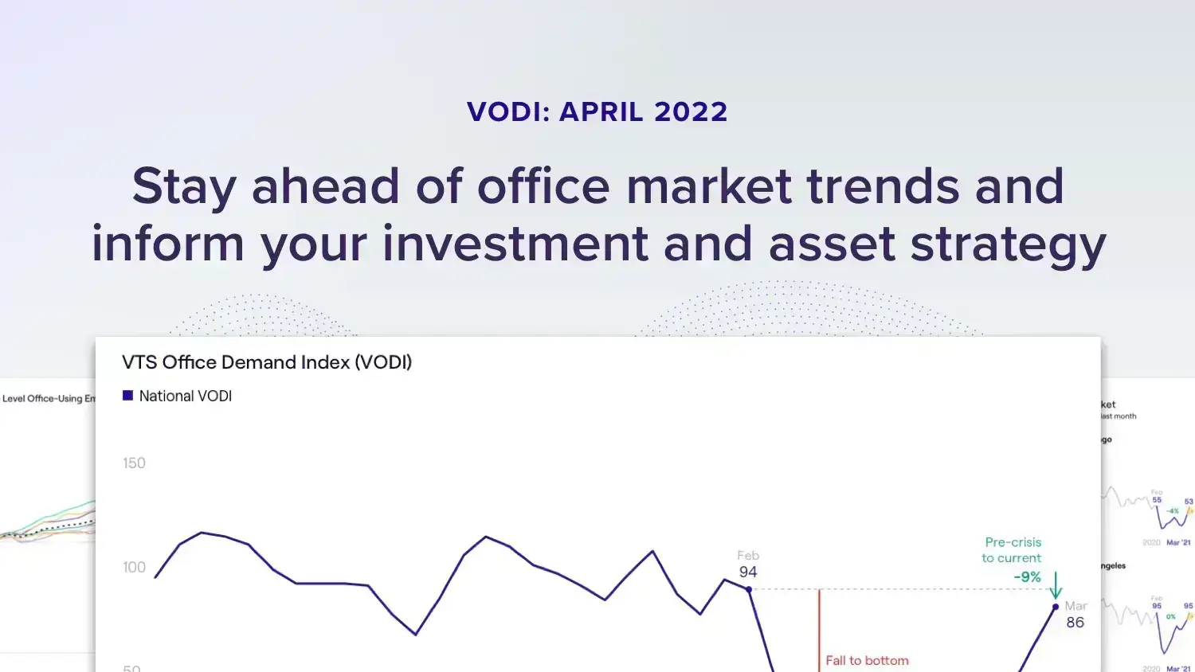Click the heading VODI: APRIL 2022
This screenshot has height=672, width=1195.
597,112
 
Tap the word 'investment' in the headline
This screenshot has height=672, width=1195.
515,244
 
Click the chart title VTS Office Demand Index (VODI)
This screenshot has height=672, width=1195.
267,362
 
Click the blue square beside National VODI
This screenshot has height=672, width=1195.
127,396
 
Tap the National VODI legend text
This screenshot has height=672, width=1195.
185,396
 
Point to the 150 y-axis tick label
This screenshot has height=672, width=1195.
134,463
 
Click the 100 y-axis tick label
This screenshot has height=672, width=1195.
134,568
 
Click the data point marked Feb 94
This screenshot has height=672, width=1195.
749,589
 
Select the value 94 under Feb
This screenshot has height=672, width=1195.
748,572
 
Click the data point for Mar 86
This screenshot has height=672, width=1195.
1056,607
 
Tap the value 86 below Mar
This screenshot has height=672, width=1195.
1075,623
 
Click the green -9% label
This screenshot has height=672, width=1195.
1027,577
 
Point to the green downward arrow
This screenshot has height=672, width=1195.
1056,586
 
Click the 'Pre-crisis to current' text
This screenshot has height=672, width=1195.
1012,550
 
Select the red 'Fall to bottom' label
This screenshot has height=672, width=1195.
867,661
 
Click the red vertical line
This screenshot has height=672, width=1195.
819,629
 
